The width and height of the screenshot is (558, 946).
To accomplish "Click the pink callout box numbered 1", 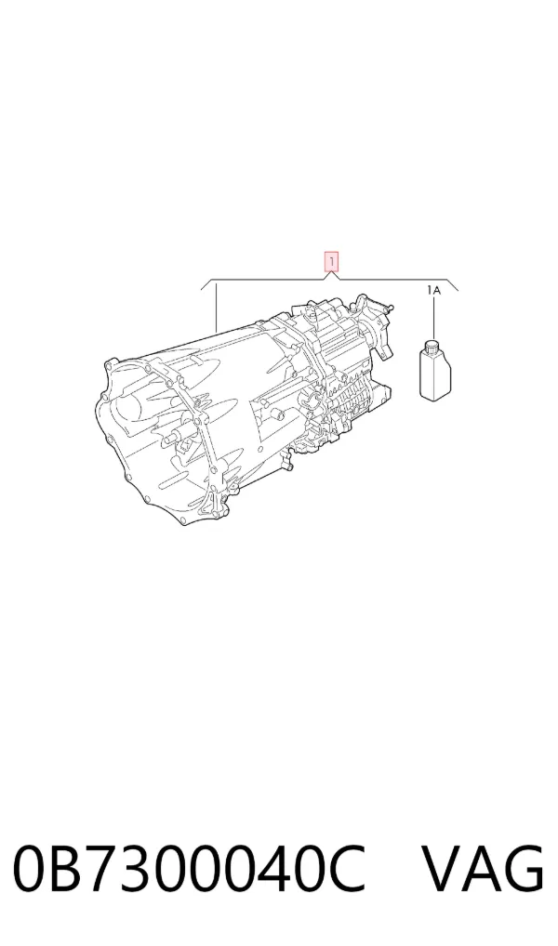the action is [x=331, y=262].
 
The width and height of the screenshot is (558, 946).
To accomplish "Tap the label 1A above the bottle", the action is [x=433, y=291].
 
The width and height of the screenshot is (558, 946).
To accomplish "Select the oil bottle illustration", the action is [x=435, y=370].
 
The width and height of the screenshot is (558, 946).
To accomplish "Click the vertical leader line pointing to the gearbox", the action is [x=216, y=307].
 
